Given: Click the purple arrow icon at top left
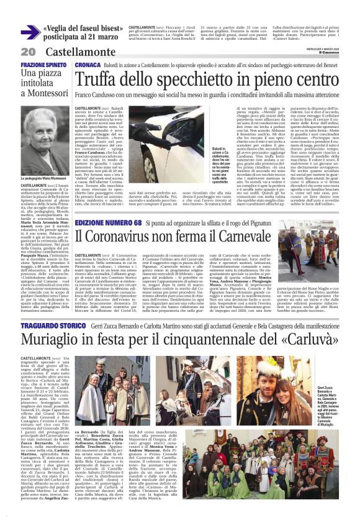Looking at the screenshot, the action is click(30, 33).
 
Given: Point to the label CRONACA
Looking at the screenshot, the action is click(88, 65).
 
